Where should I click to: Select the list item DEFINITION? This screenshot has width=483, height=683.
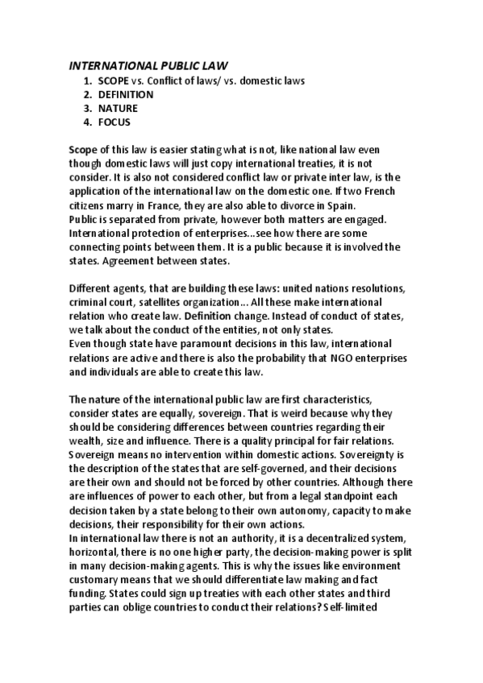[126, 94]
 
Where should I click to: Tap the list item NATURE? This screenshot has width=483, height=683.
[118, 108]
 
